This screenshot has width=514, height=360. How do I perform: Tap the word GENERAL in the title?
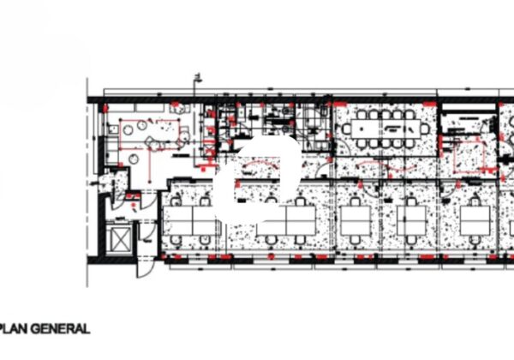tap(61, 328)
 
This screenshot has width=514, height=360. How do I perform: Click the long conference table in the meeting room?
tap(385, 129)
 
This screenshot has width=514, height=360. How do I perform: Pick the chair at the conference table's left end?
tap(346, 129)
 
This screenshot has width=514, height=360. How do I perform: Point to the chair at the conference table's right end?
tap(425, 129)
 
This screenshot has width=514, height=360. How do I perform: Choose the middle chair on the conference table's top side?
tap(385, 115)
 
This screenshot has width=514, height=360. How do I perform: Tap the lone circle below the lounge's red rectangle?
tap(133, 159)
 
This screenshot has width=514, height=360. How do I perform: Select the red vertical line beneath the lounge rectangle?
tap(150, 165)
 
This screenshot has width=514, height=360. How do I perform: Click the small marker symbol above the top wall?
tap(198, 77)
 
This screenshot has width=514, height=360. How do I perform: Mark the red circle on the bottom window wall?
tap(271, 257)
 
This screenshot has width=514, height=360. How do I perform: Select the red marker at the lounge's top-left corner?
tap(105, 108)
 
